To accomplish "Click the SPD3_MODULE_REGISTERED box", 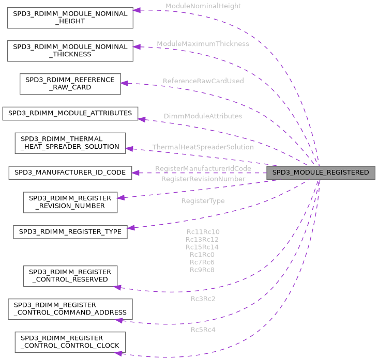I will (x=321, y=173).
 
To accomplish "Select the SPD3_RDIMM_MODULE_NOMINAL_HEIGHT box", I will (x=70, y=18).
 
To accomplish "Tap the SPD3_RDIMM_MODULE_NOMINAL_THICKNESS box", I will (x=70, y=51).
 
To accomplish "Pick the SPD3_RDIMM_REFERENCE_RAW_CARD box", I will (x=70, y=84).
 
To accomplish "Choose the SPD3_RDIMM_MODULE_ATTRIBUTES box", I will (x=70, y=113).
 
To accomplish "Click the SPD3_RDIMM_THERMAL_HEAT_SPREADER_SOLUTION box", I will (x=70, y=143).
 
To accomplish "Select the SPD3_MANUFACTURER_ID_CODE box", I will (x=70, y=173).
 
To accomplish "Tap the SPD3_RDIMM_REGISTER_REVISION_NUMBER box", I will (x=70, y=202).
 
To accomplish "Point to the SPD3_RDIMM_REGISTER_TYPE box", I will (x=70, y=231).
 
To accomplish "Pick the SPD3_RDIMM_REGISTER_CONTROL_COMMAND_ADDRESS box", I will (x=70, y=309).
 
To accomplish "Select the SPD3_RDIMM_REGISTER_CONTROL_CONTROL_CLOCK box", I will (x=70, y=342).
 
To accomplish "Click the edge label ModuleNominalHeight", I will (x=203, y=6).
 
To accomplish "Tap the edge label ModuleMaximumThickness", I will (x=203, y=44).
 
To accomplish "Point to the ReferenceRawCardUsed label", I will (x=203, y=81).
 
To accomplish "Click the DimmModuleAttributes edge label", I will (x=203, y=116).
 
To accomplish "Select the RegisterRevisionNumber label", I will (x=203, y=179).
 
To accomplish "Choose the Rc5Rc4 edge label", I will (x=203, y=330).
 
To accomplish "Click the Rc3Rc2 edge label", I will (x=203, y=299).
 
